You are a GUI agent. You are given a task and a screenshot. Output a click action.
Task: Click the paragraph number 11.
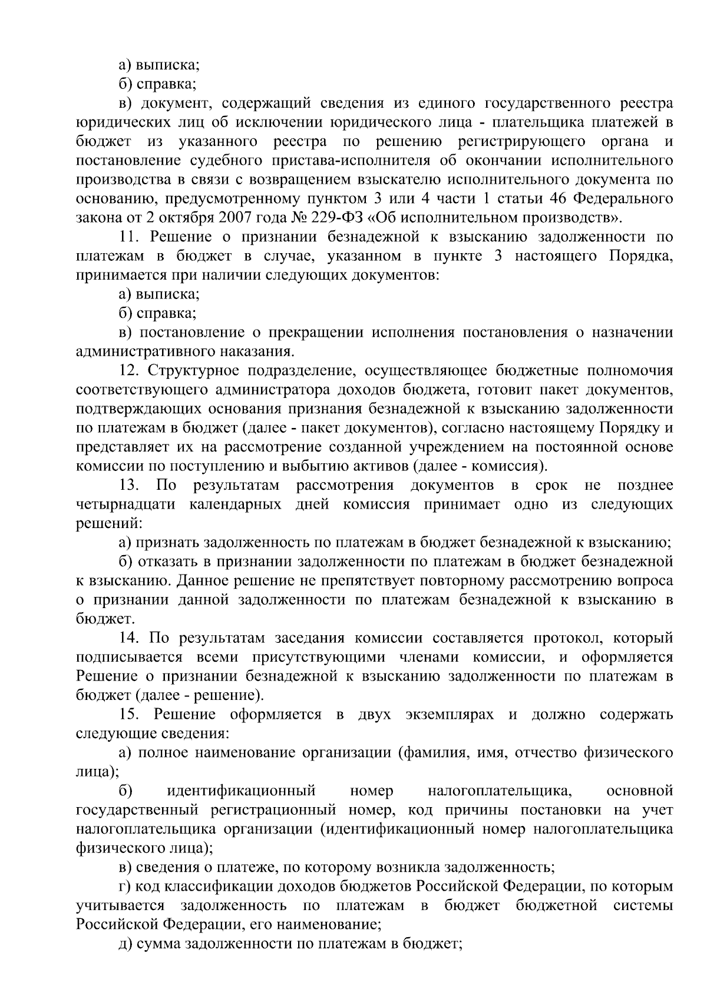click(x=128, y=237)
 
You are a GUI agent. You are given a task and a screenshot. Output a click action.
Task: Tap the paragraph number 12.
click(x=128, y=370)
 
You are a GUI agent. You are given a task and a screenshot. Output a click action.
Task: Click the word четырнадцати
click(x=126, y=505)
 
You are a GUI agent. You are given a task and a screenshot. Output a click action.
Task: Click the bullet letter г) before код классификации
click(x=124, y=886)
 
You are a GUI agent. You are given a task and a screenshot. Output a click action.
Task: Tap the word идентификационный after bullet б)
click(x=241, y=791)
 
